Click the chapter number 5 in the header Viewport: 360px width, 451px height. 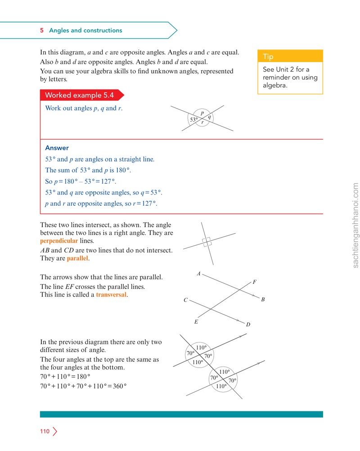pos(42,30)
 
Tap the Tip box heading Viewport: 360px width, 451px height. pos(268,56)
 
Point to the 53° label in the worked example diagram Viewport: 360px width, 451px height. pos(194,119)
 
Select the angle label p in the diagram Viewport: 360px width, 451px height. pos(202,113)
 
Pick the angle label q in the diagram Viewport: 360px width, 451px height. pos(209,117)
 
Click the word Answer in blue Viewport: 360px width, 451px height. pos(57,148)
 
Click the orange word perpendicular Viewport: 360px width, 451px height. pos(59,241)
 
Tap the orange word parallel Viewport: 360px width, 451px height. pos(77,258)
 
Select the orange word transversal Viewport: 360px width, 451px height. pos(111,294)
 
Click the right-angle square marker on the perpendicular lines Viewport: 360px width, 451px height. pos(207,242)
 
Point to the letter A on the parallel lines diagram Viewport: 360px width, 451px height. pos(198,274)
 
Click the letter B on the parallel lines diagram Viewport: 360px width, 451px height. pos(263,299)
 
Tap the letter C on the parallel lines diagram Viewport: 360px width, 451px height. pos(186,300)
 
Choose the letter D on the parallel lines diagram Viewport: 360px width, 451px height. pos(248,325)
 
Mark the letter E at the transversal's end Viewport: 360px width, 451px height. pos(196,321)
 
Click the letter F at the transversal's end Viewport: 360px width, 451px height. pos(254,282)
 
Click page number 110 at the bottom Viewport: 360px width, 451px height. pos(45,431)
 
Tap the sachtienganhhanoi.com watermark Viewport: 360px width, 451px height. pos(355,225)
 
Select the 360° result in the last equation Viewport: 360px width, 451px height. pos(120,386)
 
